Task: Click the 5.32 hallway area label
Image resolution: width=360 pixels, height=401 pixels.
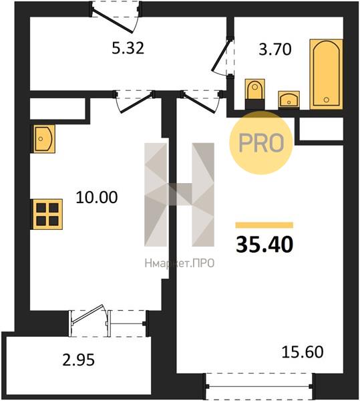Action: click(x=128, y=48)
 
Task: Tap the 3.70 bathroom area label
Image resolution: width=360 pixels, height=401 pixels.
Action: click(x=275, y=49)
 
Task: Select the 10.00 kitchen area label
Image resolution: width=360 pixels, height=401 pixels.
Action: click(x=97, y=197)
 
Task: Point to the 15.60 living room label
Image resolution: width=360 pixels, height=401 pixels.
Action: click(x=303, y=352)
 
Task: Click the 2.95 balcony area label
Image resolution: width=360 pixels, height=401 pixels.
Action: click(x=78, y=360)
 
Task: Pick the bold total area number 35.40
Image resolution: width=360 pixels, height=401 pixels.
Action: click(x=264, y=245)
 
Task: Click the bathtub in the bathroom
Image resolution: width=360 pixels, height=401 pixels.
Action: click(x=326, y=74)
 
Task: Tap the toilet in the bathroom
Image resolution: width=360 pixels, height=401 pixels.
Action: click(x=254, y=94)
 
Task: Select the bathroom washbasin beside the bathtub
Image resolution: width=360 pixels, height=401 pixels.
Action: click(x=289, y=100)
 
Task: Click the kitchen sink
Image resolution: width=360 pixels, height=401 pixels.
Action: click(x=44, y=139)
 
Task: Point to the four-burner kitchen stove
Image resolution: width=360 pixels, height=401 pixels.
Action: click(x=47, y=215)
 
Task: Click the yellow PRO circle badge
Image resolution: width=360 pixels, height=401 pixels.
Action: click(x=261, y=143)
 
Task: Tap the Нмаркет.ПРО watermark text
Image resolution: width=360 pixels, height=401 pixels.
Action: click(x=180, y=263)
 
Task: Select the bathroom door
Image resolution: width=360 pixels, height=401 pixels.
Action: click(x=222, y=56)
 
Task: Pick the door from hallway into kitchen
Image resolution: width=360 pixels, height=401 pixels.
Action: click(x=134, y=102)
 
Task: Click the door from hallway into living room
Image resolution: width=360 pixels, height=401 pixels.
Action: click(x=200, y=102)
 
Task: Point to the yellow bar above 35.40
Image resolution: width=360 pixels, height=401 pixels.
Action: click(x=264, y=225)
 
